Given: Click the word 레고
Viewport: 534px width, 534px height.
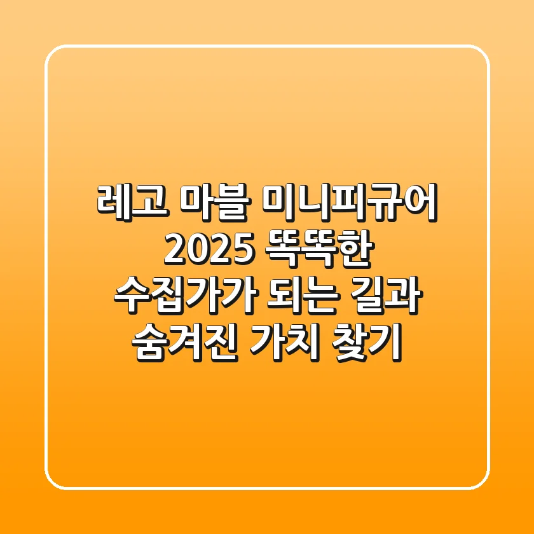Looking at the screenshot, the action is pos(132,203).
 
